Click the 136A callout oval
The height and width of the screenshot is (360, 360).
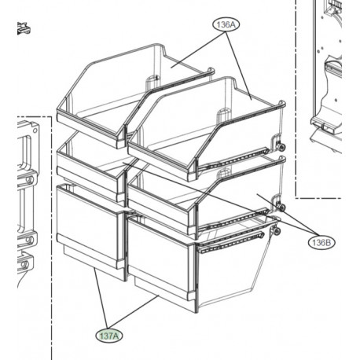[226, 24]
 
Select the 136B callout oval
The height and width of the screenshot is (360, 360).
[321, 242]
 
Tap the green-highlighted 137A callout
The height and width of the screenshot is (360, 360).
[109, 336]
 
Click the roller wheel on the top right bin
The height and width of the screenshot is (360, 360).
[281, 147]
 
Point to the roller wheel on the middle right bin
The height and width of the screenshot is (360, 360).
[281, 208]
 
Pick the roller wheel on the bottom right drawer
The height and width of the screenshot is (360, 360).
[277, 231]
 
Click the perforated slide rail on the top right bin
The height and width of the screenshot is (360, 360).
[233, 159]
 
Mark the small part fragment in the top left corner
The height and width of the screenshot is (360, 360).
[24, 28]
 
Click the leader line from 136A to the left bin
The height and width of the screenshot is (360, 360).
[198, 49]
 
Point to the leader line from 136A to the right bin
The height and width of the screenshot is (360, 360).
[239, 66]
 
